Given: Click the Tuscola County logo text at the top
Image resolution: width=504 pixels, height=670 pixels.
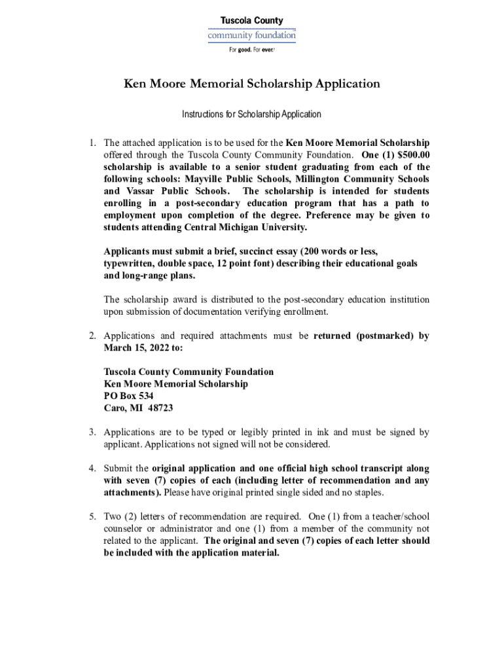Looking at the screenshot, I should tap(251, 21).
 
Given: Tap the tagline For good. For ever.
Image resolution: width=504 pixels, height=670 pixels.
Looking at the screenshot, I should tap(251, 50).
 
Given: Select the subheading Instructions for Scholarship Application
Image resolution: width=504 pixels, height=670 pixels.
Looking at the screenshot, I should tap(251, 115).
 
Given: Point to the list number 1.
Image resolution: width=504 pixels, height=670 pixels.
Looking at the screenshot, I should tap(94, 143).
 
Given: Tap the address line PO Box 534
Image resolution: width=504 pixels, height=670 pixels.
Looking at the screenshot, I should tap(129, 397).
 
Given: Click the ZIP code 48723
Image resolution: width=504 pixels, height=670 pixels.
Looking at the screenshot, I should tap(160, 408).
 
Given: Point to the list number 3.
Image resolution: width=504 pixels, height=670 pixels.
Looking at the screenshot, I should tap(94, 432).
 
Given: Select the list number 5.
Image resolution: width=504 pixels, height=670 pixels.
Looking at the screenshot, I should tap(94, 517).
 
